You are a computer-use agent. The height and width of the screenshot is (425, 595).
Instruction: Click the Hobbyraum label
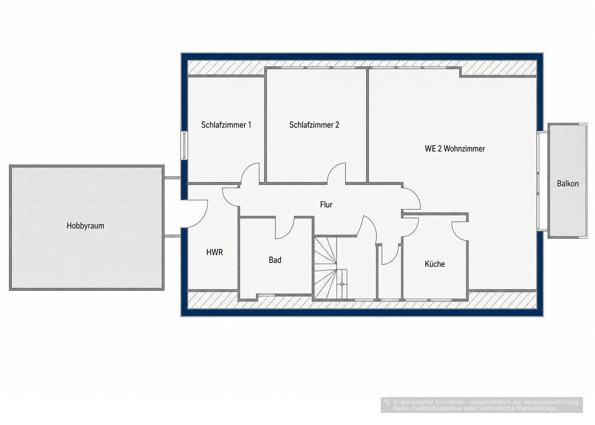[85, 226]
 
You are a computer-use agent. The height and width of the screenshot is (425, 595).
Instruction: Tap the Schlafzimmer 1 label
[226, 125]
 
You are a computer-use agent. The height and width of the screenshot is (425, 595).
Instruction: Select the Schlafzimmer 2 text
[314, 125]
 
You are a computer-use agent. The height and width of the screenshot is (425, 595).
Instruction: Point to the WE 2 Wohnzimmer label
[455, 149]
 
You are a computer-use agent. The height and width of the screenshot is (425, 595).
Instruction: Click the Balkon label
[568, 184]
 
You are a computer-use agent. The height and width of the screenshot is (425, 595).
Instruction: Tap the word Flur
[326, 205]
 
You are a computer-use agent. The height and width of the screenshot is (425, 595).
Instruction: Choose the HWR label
[215, 252]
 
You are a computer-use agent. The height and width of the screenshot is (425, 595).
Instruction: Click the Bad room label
[275, 260]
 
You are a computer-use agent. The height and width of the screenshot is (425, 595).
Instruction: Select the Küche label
[435, 264]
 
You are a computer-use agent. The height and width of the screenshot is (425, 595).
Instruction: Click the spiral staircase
[331, 268]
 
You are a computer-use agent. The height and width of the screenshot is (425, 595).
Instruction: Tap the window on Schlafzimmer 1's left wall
[184, 145]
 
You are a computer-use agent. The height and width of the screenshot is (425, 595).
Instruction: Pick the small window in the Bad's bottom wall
[267, 294]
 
